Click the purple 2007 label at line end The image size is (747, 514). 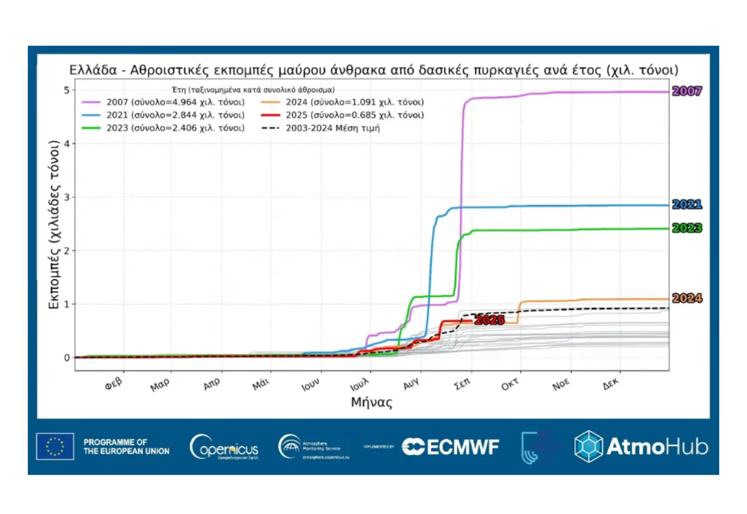click(687, 91)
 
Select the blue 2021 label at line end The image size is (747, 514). click(687, 205)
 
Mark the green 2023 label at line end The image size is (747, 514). click(687, 229)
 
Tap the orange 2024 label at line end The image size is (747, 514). click(687, 299)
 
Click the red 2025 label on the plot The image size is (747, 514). click(489, 320)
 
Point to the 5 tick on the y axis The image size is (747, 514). click(67, 90)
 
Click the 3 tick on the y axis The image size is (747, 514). click(67, 197)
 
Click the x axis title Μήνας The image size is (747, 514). click(371, 402)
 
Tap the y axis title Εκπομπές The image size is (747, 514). click(54, 224)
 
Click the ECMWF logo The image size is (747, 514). click(451, 447)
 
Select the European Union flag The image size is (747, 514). click(55, 447)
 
